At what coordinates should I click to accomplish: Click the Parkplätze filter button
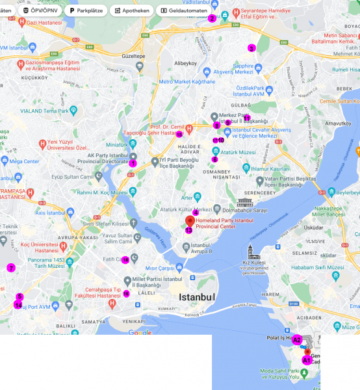click(x=84, y=10)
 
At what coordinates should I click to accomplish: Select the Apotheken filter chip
click(x=131, y=10)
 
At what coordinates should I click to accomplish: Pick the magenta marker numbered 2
click(x=212, y=18)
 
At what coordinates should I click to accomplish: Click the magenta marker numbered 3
click(x=251, y=48)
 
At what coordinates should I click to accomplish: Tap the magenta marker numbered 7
click(x=11, y=268)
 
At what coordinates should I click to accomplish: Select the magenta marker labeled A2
click(x=296, y=340)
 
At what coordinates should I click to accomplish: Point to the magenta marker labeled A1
click(x=306, y=359)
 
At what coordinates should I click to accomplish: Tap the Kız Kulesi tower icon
click(x=251, y=251)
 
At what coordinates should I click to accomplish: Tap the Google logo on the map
click(x=140, y=332)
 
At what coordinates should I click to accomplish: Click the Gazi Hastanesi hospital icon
click(x=22, y=22)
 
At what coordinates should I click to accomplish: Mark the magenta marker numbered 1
click(x=133, y=163)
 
